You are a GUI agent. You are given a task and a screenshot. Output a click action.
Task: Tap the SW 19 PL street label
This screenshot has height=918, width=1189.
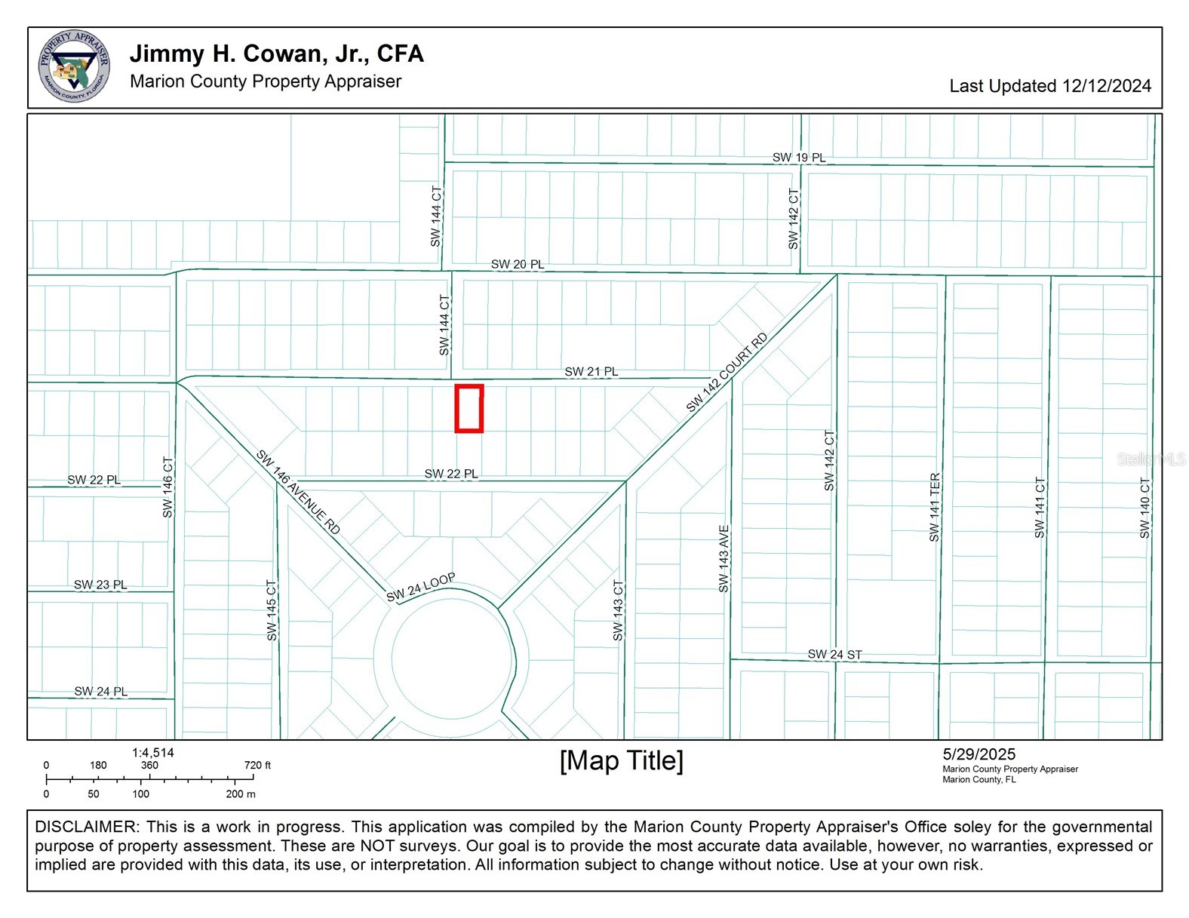coord(798,158)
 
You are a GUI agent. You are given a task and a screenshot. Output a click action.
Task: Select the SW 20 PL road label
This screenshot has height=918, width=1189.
coord(517,264)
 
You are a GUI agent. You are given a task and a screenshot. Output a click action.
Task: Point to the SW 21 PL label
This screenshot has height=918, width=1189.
coord(591,371)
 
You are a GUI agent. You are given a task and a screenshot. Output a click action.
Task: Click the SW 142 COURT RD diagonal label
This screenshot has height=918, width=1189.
coord(727,372)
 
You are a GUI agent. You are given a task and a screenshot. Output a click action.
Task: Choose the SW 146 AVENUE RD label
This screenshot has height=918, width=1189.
coord(298,492)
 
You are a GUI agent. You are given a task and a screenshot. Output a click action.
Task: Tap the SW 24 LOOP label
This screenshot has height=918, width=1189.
coord(420,588)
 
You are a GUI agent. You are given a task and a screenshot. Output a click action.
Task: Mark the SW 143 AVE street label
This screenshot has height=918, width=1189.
coord(724,558)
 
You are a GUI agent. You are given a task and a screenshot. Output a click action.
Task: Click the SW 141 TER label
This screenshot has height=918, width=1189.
coord(934,508)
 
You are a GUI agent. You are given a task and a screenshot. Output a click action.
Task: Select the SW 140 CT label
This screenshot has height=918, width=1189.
coord(1144,508)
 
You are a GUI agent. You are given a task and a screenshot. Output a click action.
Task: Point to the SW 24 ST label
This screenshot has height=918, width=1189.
coord(834,654)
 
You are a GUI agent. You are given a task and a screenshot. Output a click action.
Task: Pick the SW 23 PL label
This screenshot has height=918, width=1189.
coord(100,585)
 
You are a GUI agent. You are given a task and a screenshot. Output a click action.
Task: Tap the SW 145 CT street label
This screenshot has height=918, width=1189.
coord(272,610)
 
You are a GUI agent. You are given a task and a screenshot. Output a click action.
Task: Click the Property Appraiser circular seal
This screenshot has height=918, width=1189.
coord(74,66)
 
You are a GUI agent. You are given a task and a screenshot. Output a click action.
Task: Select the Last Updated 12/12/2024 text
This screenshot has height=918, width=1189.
coord(1050,86)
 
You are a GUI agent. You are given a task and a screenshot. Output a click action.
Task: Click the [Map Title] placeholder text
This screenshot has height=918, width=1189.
coord(622,761)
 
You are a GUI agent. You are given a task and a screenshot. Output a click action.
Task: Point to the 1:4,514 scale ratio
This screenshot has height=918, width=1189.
coord(152,753)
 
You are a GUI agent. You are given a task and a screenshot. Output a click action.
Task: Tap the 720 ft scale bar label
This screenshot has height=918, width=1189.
coord(257,766)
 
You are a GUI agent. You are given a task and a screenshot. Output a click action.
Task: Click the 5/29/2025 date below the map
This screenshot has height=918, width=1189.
coord(979,754)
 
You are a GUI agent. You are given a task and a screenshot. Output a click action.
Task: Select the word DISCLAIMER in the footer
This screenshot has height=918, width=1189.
coord(85,827)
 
